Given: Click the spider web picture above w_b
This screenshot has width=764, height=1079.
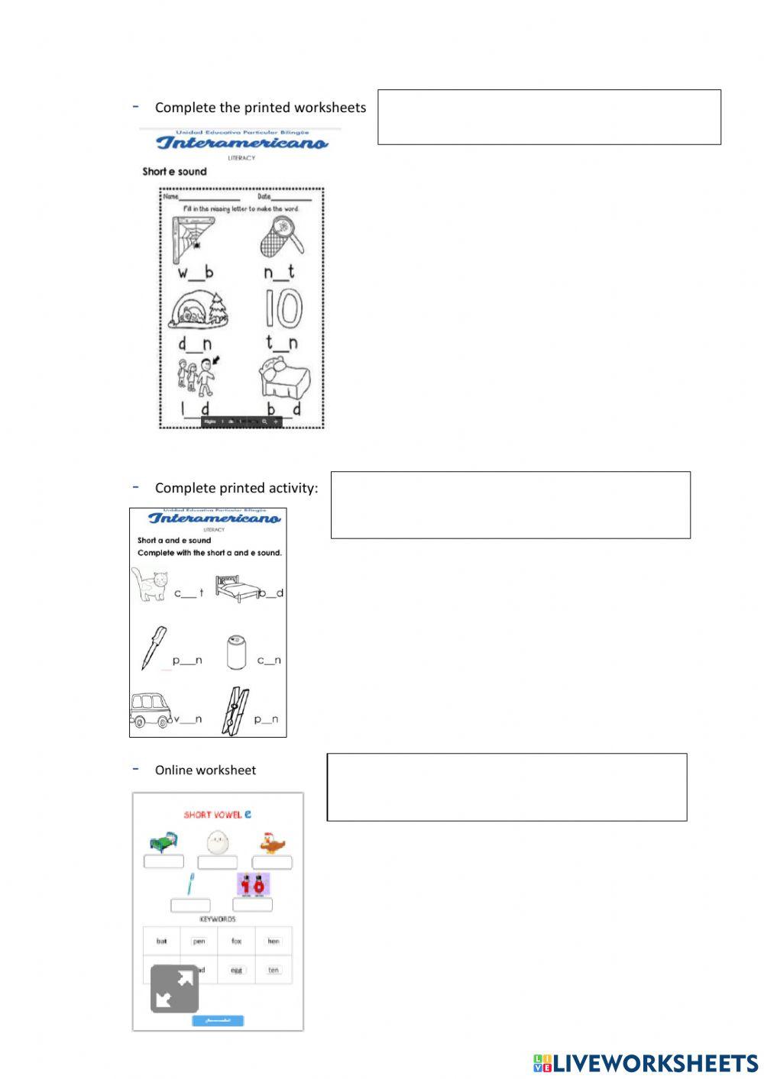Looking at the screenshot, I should pos(193,239).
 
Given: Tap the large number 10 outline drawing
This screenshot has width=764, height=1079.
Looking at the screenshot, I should pos(283,309).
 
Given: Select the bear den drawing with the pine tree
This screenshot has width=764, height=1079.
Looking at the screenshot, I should pos(199,309).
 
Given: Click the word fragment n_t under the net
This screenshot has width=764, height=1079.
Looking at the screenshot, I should pos(280,272).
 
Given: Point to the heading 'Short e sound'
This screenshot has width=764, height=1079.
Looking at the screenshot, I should pos(174,172).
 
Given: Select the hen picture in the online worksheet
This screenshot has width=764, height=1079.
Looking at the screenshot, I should pos(272,842).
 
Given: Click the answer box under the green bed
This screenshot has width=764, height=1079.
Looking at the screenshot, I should pos(163,862).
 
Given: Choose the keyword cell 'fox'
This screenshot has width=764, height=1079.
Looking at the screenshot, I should pos(236,942).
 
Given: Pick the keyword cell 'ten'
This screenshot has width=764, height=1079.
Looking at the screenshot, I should pos(274,970).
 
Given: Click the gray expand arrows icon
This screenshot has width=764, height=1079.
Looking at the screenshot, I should pos(175,989).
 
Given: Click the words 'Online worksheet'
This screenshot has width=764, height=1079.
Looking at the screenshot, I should pos(206,770).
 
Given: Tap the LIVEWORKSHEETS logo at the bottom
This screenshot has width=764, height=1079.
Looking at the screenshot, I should pos(646,1063).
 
